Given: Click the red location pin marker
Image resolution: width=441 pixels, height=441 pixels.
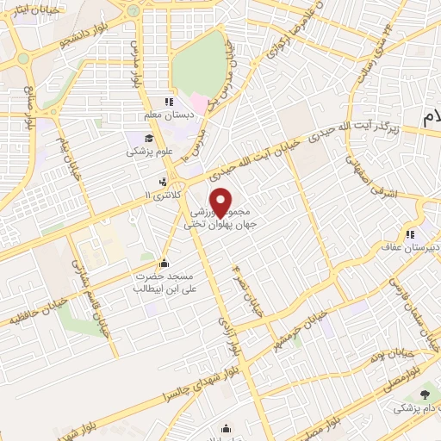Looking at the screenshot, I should point(221,202).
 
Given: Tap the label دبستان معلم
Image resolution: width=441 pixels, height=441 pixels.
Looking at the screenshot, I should point(163,115).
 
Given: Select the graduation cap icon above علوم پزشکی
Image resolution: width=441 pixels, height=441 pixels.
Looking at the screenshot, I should point(148,138).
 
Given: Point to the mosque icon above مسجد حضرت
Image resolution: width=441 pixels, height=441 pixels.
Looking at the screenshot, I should point(165,262).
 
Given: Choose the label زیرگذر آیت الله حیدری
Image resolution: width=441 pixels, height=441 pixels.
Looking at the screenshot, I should point(363,126).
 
